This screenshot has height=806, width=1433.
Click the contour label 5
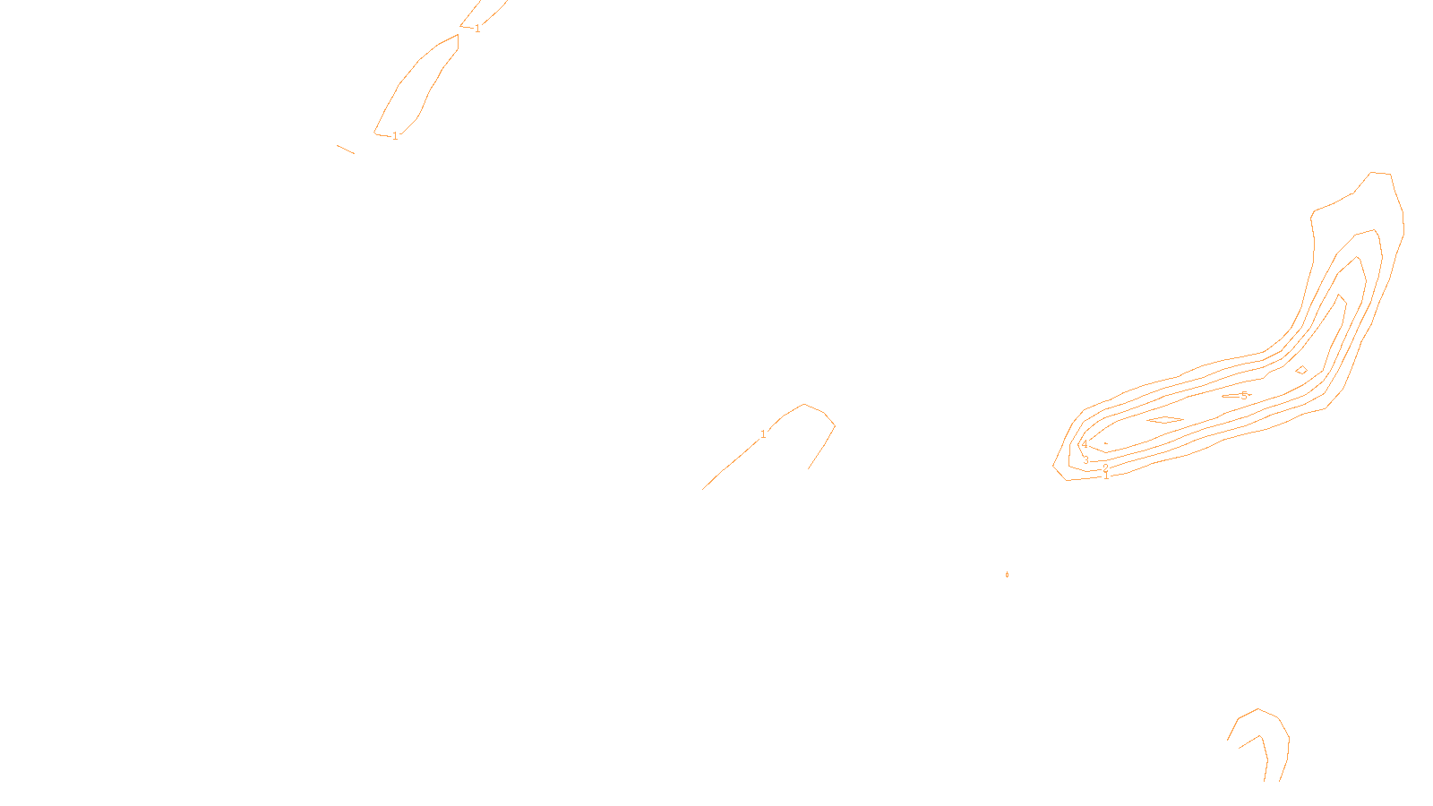point(1244,395)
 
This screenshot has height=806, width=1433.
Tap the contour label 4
point(1085,444)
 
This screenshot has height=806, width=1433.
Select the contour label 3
point(1086,460)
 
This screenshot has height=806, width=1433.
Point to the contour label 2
point(1105,467)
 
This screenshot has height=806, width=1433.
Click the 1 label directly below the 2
point(1106,476)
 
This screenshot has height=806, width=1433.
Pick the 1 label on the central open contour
point(763,434)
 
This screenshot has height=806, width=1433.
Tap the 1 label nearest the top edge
point(477,29)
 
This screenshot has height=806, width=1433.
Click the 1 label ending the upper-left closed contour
point(395,136)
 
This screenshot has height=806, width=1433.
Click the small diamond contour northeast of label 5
point(1301,370)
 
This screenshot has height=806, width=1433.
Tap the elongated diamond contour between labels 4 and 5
point(1165,419)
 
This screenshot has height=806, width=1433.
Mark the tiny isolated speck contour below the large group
point(1008,574)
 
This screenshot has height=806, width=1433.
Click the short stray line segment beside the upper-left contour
point(346,149)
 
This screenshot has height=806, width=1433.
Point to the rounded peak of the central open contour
point(806,406)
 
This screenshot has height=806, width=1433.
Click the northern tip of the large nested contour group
point(1379,173)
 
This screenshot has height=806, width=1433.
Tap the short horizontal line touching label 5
point(1231,396)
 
